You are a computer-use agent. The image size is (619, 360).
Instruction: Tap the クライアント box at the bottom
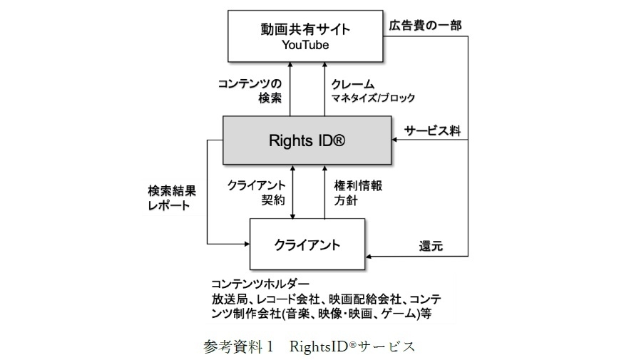pyautogui.click(x=307, y=245)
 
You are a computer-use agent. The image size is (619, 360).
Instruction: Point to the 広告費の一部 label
pyautogui.click(x=425, y=25)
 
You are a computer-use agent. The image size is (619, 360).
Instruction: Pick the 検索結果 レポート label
pyautogui.click(x=169, y=199)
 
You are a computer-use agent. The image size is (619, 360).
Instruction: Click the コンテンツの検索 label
pyautogui.click(x=255, y=91)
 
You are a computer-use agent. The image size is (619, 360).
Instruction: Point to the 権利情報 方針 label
pyautogui.click(x=358, y=192)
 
